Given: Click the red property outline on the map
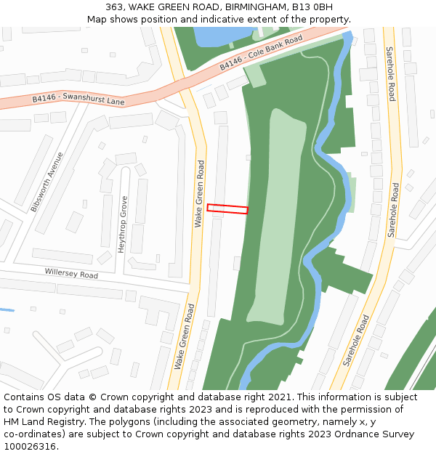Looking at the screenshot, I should pos(227,209).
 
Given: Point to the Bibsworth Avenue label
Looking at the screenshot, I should pos(47,182).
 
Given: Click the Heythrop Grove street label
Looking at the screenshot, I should pos(123,224).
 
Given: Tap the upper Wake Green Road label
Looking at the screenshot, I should pos(200,193).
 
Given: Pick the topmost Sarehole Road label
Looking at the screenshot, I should pos(391,73).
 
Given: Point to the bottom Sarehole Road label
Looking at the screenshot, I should pos(357,339).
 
